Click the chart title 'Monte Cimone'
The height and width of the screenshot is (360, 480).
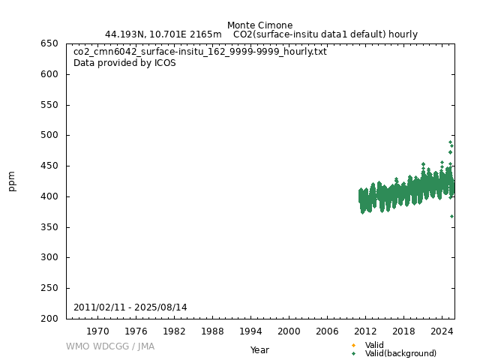259,25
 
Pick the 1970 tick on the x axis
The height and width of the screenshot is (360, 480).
97,331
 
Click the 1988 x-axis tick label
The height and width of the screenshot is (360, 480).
212,331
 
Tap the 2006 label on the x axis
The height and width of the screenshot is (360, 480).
327,331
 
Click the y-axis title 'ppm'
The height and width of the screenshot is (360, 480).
12,181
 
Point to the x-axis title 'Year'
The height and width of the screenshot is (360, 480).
259,350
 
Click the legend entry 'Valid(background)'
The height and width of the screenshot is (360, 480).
400,354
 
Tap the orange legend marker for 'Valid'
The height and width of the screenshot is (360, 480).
353,345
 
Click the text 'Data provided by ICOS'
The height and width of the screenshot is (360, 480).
124,63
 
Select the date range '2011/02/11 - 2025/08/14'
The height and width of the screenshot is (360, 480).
130,307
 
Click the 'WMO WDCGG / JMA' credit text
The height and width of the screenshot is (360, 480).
110,346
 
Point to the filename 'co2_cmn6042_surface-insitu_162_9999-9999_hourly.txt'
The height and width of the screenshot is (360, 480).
200,52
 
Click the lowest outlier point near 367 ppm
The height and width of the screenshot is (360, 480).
451,216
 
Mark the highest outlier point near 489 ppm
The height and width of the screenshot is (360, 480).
450,142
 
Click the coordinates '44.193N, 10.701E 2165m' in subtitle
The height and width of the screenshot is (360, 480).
163,34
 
